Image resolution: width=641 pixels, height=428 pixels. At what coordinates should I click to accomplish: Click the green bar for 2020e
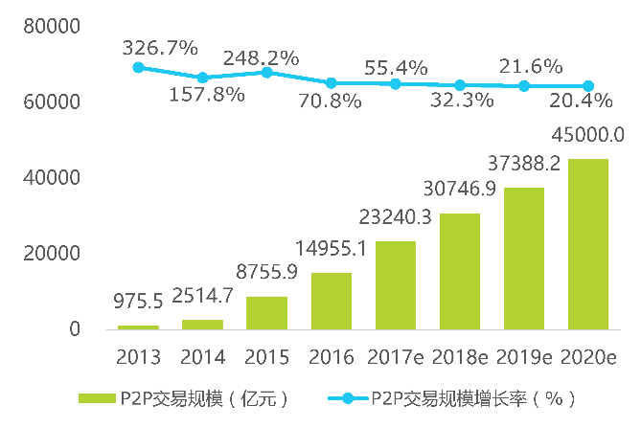click(x=588, y=244)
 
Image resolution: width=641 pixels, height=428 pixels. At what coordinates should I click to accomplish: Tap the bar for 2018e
click(x=460, y=271)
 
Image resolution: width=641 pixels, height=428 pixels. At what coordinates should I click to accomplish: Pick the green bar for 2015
click(x=266, y=313)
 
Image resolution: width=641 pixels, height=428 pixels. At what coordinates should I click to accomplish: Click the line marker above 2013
click(x=138, y=67)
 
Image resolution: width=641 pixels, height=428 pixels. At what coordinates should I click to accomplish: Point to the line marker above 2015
click(x=266, y=73)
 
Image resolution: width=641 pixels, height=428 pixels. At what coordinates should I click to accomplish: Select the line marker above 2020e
click(x=588, y=86)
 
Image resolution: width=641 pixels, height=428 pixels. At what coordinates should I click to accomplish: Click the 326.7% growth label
click(x=160, y=46)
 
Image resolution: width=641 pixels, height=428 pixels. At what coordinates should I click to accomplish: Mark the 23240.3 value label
click(x=395, y=217)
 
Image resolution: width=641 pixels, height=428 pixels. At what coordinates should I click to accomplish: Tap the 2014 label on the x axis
click(x=202, y=357)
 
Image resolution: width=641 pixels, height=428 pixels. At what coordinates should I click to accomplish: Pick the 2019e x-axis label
click(x=524, y=357)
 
